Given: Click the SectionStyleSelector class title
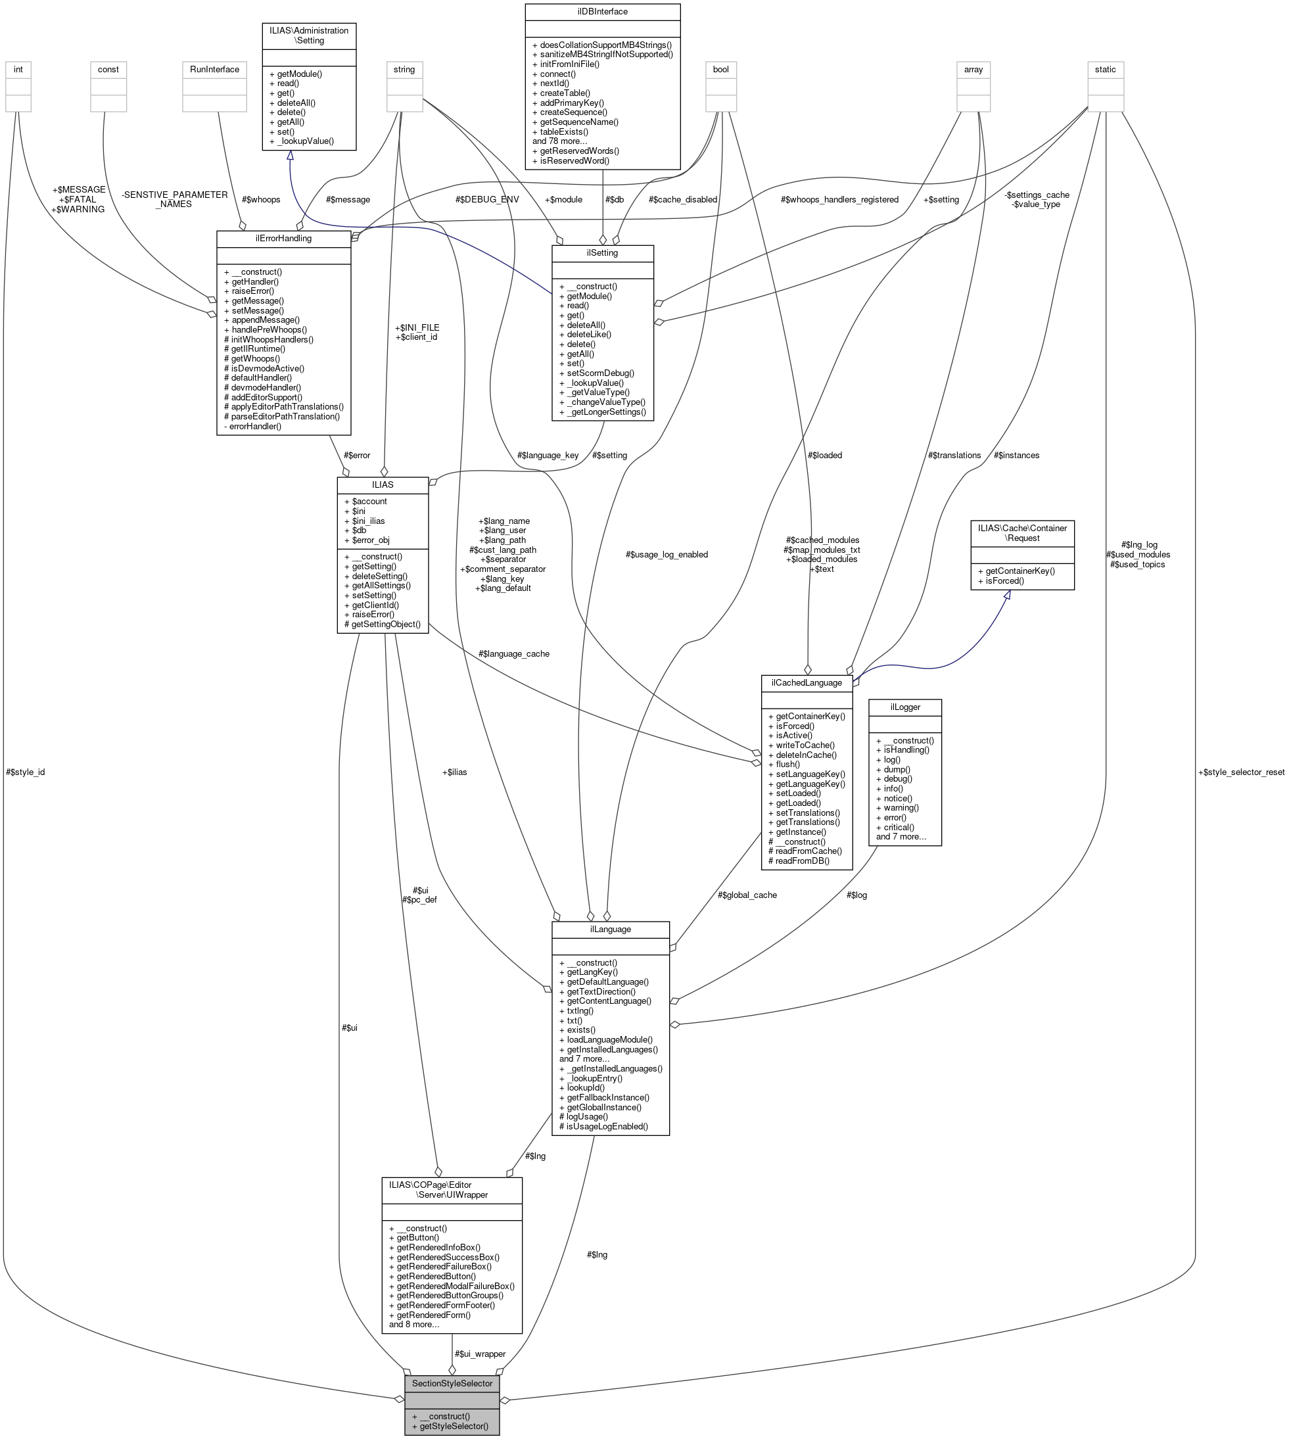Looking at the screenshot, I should (x=452, y=1383).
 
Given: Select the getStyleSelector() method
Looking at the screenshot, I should (x=454, y=1426).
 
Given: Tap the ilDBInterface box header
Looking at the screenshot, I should (x=602, y=12).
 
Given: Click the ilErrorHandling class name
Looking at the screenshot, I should (x=283, y=238).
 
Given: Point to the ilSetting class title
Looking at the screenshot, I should (x=602, y=253).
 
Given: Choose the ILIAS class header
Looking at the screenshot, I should (x=383, y=484).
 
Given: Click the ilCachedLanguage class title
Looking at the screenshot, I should (x=806, y=682).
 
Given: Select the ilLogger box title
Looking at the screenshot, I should (x=904, y=707).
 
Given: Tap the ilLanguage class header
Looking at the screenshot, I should (x=610, y=929).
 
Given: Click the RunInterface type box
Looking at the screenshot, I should (x=214, y=70).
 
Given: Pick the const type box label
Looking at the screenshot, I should (x=108, y=70).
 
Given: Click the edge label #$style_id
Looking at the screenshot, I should (x=26, y=772).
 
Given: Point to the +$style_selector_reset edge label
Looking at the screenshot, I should (x=1240, y=772).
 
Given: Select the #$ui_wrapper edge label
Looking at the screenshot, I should (x=480, y=1354).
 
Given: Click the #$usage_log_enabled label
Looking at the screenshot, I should (x=667, y=554).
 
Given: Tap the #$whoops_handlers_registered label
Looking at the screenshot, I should (x=839, y=200).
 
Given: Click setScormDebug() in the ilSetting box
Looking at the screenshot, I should (x=601, y=373).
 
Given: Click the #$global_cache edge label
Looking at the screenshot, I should (x=747, y=895).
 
